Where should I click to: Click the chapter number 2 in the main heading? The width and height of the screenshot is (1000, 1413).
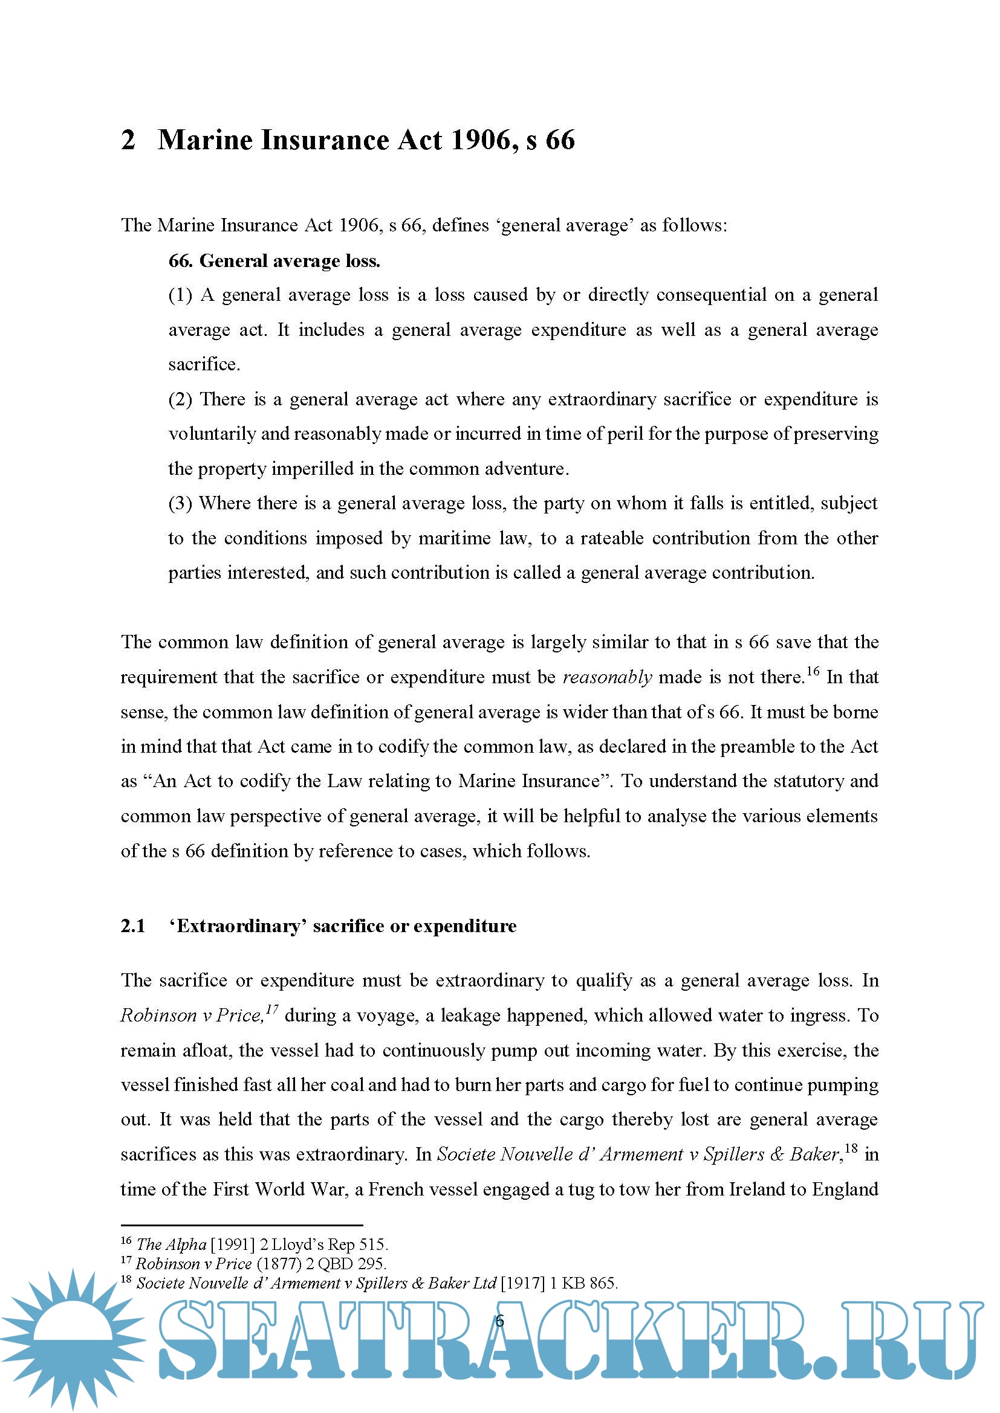[128, 140]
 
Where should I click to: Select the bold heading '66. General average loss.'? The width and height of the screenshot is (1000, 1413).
[274, 261]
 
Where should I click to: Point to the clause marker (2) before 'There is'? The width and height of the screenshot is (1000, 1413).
[180, 399]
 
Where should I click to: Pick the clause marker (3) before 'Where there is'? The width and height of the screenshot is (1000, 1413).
[180, 503]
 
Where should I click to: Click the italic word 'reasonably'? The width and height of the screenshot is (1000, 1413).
[607, 678]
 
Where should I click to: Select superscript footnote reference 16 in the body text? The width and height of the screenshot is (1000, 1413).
[813, 671]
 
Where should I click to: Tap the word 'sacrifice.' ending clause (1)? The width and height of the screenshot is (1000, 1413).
[204, 364]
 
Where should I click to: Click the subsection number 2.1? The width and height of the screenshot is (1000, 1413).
[133, 926]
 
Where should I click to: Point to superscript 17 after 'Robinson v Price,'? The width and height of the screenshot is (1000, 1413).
[272, 1010]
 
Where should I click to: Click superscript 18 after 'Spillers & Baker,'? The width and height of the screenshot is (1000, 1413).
[851, 1148]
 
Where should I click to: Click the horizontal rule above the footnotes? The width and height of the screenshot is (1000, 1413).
[241, 1225]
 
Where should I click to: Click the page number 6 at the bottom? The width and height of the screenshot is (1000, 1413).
[499, 1321]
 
